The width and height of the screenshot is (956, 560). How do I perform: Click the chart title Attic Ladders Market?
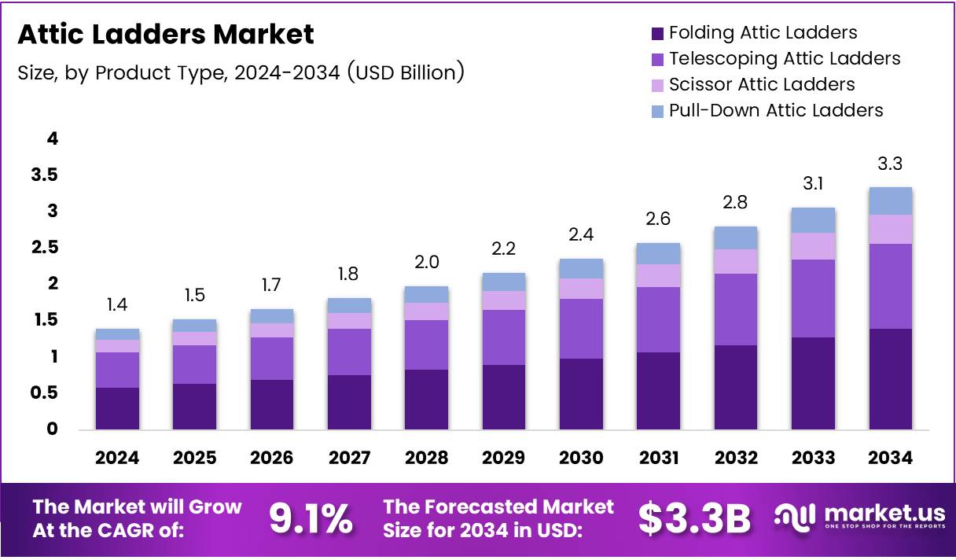(x=166, y=35)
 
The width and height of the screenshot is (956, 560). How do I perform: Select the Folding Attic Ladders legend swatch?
(x=656, y=33)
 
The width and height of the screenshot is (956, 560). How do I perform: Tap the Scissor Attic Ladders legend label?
(x=762, y=84)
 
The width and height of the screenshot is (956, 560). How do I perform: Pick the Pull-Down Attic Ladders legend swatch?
(x=656, y=111)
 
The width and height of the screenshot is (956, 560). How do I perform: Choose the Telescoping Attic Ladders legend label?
(x=785, y=58)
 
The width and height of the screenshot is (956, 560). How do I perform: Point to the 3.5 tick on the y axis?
(x=45, y=175)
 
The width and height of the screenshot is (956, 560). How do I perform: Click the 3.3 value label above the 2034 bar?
(x=890, y=165)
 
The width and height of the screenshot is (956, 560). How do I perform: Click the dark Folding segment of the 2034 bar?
(x=890, y=379)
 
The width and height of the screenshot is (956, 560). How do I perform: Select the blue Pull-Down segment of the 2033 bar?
(x=813, y=220)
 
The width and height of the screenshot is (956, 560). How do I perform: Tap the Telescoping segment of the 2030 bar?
(x=581, y=329)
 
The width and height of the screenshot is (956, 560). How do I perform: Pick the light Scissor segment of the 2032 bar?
(x=736, y=262)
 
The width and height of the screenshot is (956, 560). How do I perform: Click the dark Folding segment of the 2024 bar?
(x=117, y=409)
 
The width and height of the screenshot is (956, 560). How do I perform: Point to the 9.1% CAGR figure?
(x=311, y=518)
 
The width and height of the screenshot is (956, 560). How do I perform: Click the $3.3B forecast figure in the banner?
(x=694, y=518)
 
